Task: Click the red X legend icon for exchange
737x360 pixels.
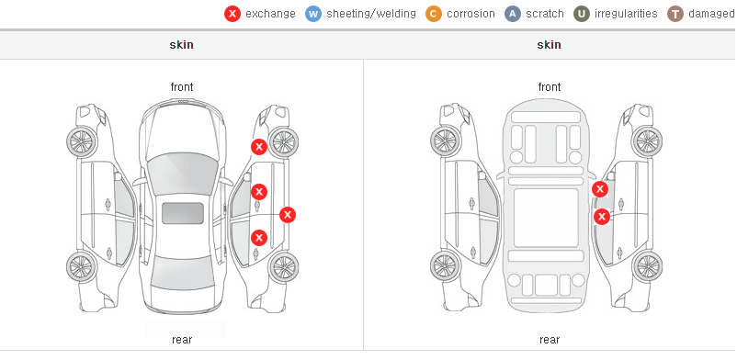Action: (x=232, y=14)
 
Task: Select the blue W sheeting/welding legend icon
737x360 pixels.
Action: (x=313, y=14)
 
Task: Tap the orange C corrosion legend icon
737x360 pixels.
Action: (x=434, y=14)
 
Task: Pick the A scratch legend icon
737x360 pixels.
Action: (x=513, y=14)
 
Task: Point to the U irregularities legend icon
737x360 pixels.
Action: (x=582, y=14)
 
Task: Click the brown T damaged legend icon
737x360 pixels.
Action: (x=675, y=14)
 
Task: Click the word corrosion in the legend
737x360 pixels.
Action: (x=471, y=14)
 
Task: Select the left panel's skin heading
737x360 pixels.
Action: (x=181, y=45)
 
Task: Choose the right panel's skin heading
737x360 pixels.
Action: (x=549, y=45)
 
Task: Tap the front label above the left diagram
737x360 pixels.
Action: (x=182, y=87)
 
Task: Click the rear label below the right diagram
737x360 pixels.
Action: (x=550, y=340)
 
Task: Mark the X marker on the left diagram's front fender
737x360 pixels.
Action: (x=258, y=147)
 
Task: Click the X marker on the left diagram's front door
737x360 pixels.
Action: (x=259, y=192)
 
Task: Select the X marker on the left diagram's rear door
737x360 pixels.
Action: (x=259, y=238)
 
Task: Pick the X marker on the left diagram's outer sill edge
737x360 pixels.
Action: (x=288, y=215)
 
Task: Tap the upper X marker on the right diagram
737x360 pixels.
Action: (x=600, y=189)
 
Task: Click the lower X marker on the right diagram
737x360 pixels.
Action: (x=602, y=217)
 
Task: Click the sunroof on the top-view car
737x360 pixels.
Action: (x=183, y=213)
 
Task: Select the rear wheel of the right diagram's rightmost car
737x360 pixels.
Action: (x=647, y=266)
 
